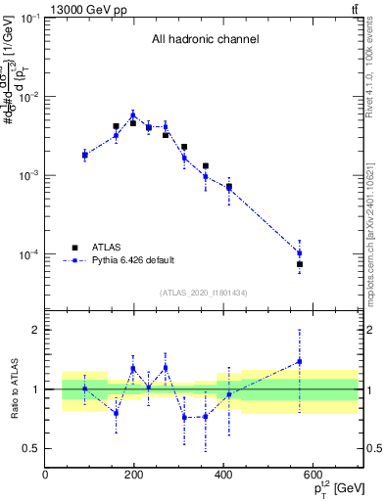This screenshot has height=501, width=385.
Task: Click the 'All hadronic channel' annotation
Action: tap(205, 40)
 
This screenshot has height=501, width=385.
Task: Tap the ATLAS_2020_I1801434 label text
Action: tap(204, 293)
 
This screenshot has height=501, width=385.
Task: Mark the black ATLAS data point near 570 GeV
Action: tap(300, 264)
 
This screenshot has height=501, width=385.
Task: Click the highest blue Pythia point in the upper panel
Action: tap(133, 114)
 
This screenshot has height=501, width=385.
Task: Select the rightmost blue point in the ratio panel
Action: tap(300, 361)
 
